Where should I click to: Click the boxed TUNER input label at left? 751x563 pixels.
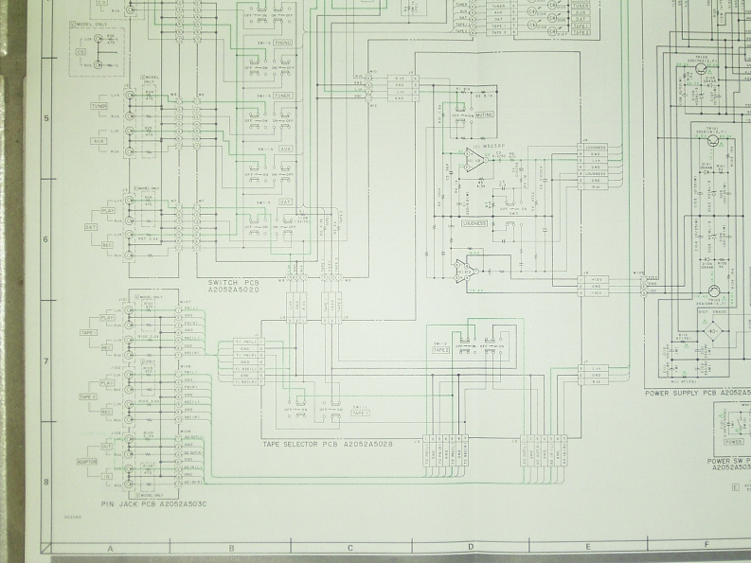pos(98,106)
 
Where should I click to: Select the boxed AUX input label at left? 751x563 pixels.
pos(98,140)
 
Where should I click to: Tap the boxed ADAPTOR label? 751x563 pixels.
pos(88,462)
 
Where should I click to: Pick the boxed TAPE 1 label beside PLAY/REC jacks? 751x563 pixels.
pos(88,333)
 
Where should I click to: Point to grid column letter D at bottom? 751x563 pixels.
pos(470,548)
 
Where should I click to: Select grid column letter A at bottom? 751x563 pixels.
pos(110,548)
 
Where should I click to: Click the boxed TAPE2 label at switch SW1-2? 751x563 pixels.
pos(440,349)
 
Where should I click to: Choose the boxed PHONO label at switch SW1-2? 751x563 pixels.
pos(283,43)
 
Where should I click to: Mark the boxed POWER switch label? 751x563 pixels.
pos(732,441)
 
